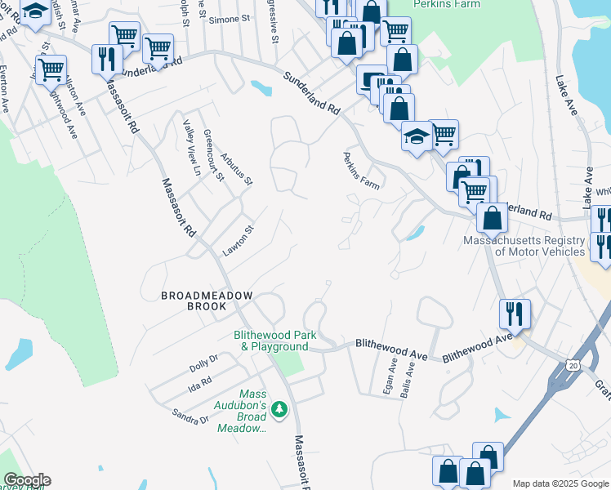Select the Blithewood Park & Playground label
271,341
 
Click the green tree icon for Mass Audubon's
279,408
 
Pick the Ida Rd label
200,381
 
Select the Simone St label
228,20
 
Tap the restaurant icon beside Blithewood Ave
515,313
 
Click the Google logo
26,480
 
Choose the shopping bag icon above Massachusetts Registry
493,218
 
